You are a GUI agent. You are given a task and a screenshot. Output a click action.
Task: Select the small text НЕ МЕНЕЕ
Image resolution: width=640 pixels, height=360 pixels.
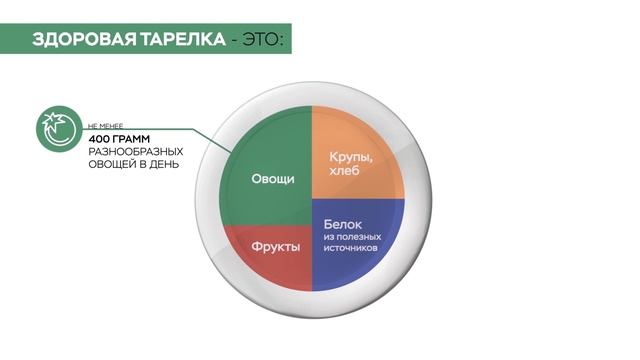(107, 124)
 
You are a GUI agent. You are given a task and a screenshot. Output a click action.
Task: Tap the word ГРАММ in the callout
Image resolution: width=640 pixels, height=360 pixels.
(139, 137)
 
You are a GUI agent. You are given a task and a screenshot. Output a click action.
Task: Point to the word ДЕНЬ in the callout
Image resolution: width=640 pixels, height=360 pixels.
(166, 164)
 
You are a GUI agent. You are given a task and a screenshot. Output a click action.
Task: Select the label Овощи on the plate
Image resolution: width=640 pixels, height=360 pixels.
(272, 180)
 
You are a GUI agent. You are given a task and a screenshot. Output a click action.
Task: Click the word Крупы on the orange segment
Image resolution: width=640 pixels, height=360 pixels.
(350, 157)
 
